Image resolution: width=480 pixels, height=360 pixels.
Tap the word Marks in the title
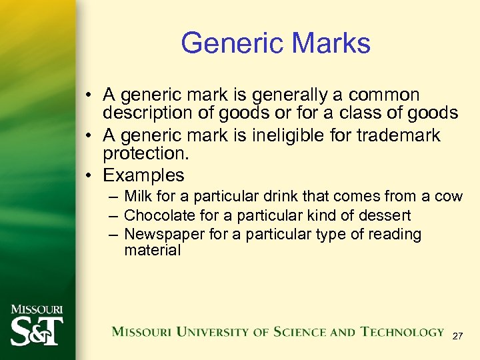tap(332, 43)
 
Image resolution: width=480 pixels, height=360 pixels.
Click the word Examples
tap(143, 175)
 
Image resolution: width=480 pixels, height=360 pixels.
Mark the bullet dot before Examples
tap(89, 176)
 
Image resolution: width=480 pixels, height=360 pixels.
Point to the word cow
tap(448, 197)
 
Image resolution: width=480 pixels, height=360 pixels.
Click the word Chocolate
tap(157, 215)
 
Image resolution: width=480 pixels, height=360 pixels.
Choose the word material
tap(152, 251)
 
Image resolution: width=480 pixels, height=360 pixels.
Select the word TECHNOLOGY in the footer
tap(402, 331)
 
